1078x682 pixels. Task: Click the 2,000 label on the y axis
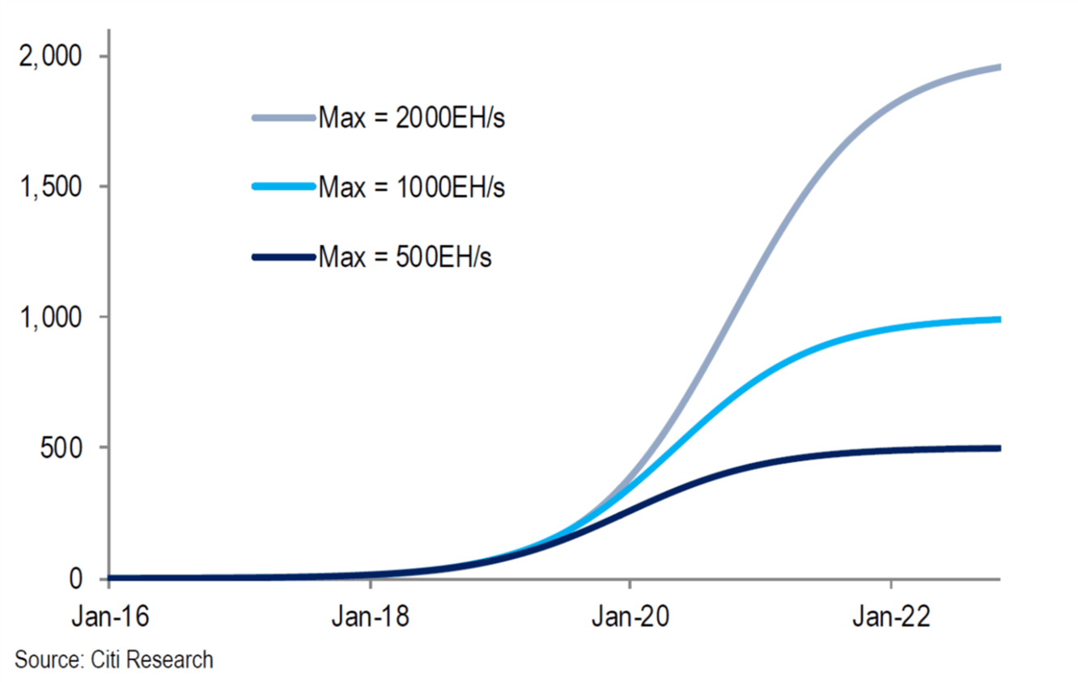pyautogui.click(x=50, y=57)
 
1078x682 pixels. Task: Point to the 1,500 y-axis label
pyautogui.click(x=50, y=187)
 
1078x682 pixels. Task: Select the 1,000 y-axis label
pyautogui.click(x=50, y=317)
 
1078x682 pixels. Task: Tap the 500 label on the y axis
pyautogui.click(x=62, y=448)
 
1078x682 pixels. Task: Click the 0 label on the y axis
pyautogui.click(x=75, y=578)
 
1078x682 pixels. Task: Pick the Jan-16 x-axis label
pyautogui.click(x=110, y=616)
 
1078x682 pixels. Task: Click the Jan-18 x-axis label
pyautogui.click(x=371, y=616)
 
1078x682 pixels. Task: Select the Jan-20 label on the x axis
pyautogui.click(x=630, y=616)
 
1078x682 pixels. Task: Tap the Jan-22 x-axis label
pyautogui.click(x=891, y=616)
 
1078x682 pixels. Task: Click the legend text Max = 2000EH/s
pyautogui.click(x=412, y=118)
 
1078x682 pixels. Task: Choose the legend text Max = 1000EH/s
pyautogui.click(x=412, y=187)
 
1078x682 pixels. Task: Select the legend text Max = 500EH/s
pyautogui.click(x=405, y=256)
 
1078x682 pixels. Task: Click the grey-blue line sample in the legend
pyautogui.click(x=284, y=118)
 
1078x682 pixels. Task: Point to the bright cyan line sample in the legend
pyautogui.click(x=284, y=187)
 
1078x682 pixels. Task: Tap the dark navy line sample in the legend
pyautogui.click(x=284, y=257)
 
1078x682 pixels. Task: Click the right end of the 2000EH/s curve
pyautogui.click(x=1000, y=67)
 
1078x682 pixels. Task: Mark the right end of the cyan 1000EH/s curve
pyautogui.click(x=1000, y=320)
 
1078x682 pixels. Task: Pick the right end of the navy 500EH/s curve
pyautogui.click(x=1000, y=448)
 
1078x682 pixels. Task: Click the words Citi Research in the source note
pyautogui.click(x=152, y=659)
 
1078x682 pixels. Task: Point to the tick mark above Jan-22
pyautogui.click(x=891, y=583)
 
